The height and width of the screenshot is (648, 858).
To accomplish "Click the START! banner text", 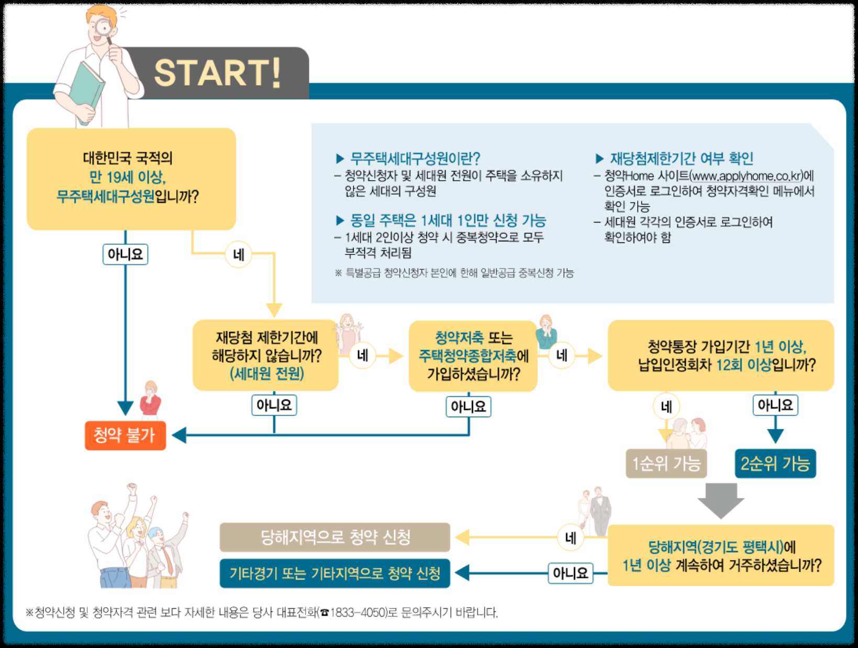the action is tap(217, 73).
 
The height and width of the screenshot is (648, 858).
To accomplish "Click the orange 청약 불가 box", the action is tap(125, 435).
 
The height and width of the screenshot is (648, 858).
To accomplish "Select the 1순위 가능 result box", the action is tap(666, 463).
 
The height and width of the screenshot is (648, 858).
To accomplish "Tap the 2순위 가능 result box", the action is tap(775, 463).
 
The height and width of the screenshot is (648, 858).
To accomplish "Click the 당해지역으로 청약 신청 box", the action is tap(335, 537).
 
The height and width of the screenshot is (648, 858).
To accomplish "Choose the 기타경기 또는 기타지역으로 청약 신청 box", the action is tap(335, 574).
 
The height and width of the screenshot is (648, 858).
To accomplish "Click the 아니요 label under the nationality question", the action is tap(125, 254).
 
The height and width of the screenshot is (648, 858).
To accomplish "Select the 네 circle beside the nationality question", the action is tap(239, 255).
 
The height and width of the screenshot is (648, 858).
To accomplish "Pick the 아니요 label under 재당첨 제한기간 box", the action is tap(274, 405).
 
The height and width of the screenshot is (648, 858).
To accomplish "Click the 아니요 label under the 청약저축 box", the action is tap(468, 407).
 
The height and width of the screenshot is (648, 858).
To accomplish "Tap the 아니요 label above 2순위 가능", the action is tap(775, 405).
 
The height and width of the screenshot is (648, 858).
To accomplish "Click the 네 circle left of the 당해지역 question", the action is tap(571, 538).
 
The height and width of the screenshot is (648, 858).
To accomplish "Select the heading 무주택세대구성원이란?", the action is tap(415, 158).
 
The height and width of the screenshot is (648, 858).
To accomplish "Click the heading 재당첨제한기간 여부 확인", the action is tap(681, 158).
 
